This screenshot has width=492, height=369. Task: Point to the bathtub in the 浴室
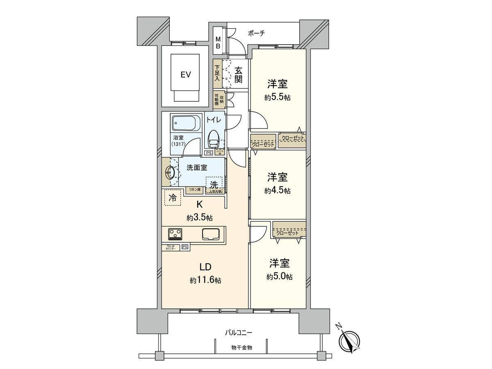point(185,123)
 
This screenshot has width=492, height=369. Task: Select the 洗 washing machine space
point(214,184)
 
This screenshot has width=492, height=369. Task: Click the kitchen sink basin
point(211,234)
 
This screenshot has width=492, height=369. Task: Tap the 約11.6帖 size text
point(205,280)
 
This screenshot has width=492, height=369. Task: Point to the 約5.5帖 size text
point(278,98)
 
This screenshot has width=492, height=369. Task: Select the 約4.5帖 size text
point(278,191)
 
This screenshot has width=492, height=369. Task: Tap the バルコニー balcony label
point(238,333)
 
